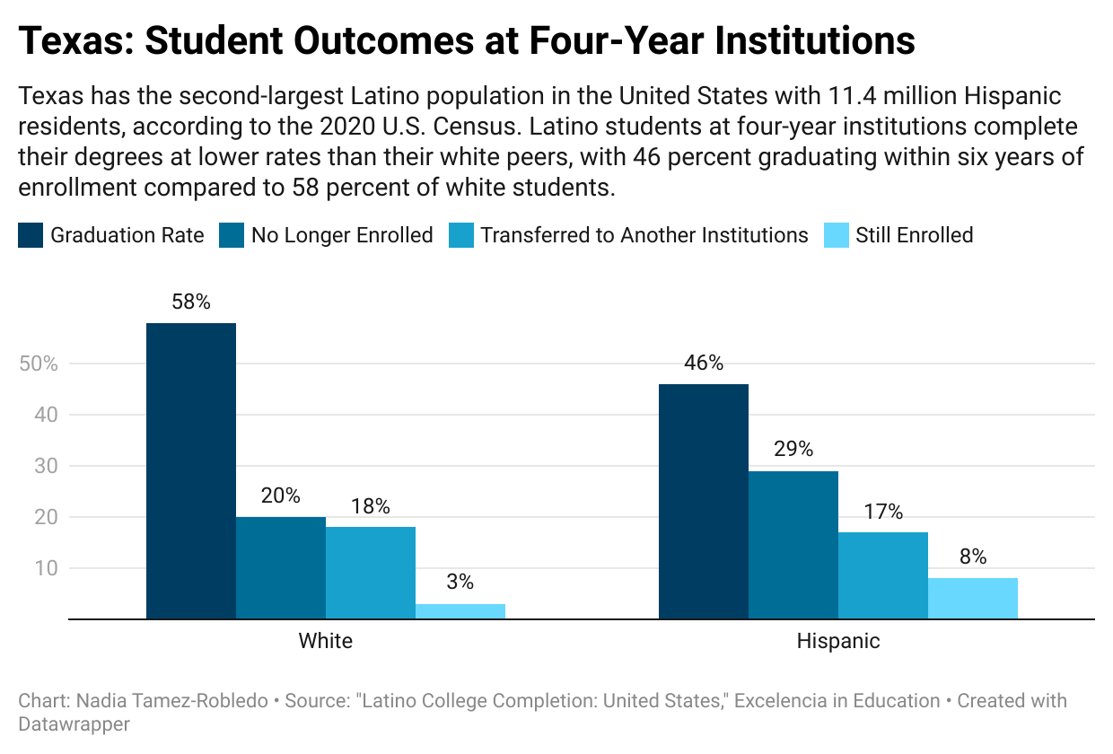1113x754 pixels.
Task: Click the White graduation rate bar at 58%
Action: [x=191, y=470]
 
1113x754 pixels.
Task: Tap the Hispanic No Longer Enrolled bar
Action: [x=793, y=545]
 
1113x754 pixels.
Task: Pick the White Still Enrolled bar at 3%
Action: [x=460, y=611]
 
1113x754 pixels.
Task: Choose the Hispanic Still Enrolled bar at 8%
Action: [x=973, y=599]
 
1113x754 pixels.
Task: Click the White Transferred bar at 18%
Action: [x=371, y=573]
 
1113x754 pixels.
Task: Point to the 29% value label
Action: [x=793, y=449]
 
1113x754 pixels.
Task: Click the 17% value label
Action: [x=883, y=512]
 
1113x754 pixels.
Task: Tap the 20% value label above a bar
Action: [x=281, y=495]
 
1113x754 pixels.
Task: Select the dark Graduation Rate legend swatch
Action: [x=31, y=236]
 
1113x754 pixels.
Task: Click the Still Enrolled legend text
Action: [x=914, y=236]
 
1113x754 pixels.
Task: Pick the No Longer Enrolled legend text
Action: [x=342, y=236]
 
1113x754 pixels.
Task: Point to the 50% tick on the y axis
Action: [x=38, y=364]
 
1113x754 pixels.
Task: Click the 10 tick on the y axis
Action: [x=47, y=568]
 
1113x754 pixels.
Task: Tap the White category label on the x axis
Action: [x=325, y=641]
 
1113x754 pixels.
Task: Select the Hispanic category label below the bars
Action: [x=838, y=641]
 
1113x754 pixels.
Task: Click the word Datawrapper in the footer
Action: [x=74, y=723]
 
